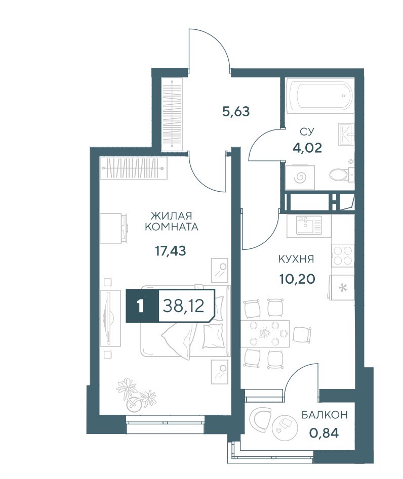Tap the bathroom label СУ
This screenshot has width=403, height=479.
click(x=307, y=132)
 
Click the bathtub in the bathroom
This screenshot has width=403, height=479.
click(x=320, y=96)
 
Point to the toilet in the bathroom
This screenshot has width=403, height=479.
click(x=341, y=175)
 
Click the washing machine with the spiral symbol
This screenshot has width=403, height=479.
click(x=300, y=177)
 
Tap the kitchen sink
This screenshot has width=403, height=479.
click(x=308, y=226)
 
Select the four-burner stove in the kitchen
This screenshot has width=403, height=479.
click(x=342, y=255)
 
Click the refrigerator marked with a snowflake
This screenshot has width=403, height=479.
click(x=342, y=287)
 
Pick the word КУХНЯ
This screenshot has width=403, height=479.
click(x=296, y=259)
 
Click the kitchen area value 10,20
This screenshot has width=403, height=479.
click(x=297, y=279)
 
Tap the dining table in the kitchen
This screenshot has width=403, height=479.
click(x=265, y=334)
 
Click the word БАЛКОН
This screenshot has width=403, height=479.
click(x=325, y=415)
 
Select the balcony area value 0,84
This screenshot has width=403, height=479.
click(x=324, y=433)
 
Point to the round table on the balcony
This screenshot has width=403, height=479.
click(x=285, y=425)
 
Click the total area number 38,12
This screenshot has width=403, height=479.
click(x=183, y=306)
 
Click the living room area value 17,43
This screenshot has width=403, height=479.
click(x=171, y=251)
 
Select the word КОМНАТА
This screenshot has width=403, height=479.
click(x=171, y=227)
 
